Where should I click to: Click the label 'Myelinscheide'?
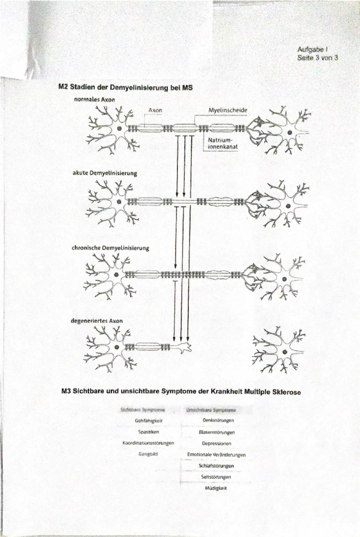click(x=228, y=110)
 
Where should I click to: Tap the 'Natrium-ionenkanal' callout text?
click(x=222, y=144)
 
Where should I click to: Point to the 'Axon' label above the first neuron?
click(x=155, y=110)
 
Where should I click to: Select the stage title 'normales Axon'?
click(x=94, y=99)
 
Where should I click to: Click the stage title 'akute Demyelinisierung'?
click(x=105, y=173)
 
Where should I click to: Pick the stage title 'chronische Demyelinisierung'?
click(x=110, y=248)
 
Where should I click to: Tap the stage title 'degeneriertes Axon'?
click(x=97, y=321)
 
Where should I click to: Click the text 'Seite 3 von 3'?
click(x=317, y=58)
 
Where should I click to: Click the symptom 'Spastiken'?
click(x=148, y=432)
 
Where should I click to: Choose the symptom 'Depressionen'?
click(x=216, y=443)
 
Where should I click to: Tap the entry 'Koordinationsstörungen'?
click(x=148, y=443)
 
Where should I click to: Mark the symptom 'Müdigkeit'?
click(x=216, y=488)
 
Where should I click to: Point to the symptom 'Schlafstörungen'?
click(x=216, y=466)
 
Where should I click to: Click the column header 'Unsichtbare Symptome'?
click(x=211, y=410)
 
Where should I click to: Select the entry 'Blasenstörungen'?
click(x=216, y=432)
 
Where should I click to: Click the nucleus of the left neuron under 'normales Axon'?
click(x=119, y=128)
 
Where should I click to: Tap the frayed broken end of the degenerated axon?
click(x=186, y=347)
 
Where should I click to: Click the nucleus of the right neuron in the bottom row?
click(x=285, y=352)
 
